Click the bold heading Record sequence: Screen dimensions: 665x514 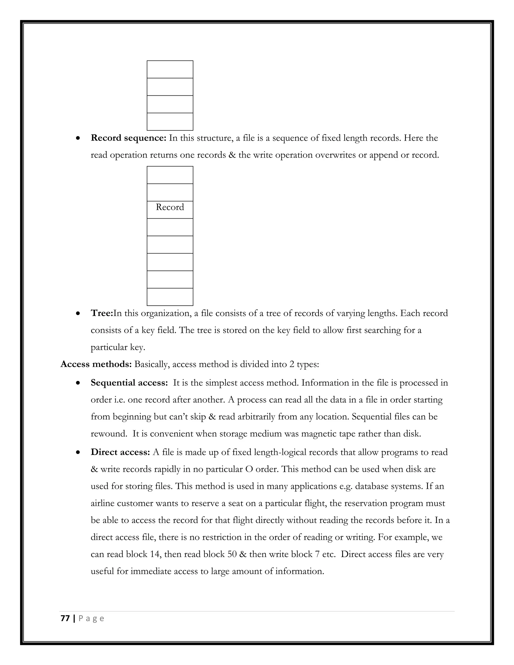coord(128,138)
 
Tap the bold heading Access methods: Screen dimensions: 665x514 coord(96,364)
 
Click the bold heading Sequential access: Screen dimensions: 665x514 coord(129,383)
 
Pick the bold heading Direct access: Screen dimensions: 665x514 coord(120,452)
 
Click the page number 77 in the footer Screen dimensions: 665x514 coord(65,618)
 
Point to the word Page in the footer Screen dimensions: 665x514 coord(91,618)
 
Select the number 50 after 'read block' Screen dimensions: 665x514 coord(232,554)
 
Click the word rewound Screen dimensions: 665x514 coord(109,434)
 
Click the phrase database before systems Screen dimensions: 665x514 coord(374,486)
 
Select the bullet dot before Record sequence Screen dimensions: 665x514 coord(78,138)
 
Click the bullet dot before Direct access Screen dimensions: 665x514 coord(78,453)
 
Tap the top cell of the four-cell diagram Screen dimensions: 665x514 coord(170,70)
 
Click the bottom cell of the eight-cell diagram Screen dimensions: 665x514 coord(170,297)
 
